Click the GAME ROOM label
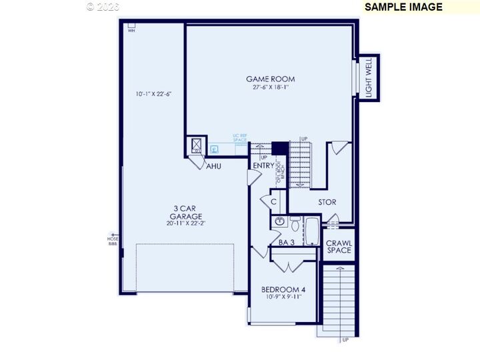tap(270, 79)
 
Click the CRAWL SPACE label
tap(339, 247)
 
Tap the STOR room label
tap(327, 202)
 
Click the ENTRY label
tap(263, 166)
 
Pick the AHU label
tap(213, 166)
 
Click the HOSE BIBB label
tap(113, 241)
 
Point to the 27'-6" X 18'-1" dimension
tap(270, 87)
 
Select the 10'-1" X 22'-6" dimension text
tap(153, 94)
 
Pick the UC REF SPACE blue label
tap(240, 137)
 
